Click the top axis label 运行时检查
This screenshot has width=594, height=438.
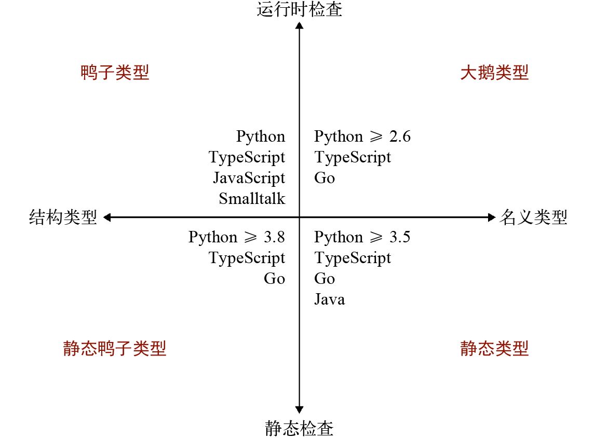(x=300, y=9)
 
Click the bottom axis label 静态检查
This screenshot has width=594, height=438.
(x=300, y=428)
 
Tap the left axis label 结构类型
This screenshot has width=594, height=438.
(x=63, y=217)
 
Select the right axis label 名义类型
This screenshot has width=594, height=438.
(x=533, y=217)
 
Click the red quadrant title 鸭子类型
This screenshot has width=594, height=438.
(x=115, y=73)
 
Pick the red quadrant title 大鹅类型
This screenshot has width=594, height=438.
(x=494, y=73)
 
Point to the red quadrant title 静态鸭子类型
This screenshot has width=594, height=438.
(x=115, y=348)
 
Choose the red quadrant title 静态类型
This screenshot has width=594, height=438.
(x=494, y=348)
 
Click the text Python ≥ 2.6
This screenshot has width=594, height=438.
(x=362, y=136)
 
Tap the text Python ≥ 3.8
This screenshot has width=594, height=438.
(x=237, y=237)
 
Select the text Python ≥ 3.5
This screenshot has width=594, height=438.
(x=362, y=237)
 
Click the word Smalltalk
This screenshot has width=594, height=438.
(x=252, y=199)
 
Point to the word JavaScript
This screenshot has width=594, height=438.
(x=249, y=178)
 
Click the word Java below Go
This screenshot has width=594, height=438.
(x=329, y=299)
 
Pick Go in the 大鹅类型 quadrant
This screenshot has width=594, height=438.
(x=325, y=178)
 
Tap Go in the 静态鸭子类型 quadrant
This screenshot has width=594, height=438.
(x=274, y=279)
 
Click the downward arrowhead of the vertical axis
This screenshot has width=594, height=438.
(x=299, y=409)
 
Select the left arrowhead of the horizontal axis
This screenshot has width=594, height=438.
(x=107, y=217)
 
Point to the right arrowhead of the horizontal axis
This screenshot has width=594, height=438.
(x=492, y=217)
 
